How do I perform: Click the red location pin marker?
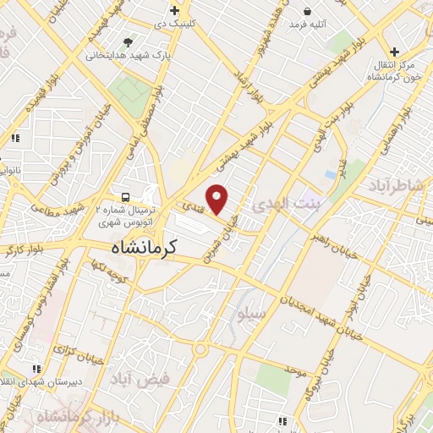(217, 200)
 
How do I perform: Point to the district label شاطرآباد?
(397, 186)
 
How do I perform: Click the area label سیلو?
(254, 314)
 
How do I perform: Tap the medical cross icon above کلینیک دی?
(174, 11)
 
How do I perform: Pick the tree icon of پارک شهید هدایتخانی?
(128, 41)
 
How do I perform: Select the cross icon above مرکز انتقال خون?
(394, 52)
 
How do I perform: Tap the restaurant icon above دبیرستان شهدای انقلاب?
(36, 369)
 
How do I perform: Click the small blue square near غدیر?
(330, 174)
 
